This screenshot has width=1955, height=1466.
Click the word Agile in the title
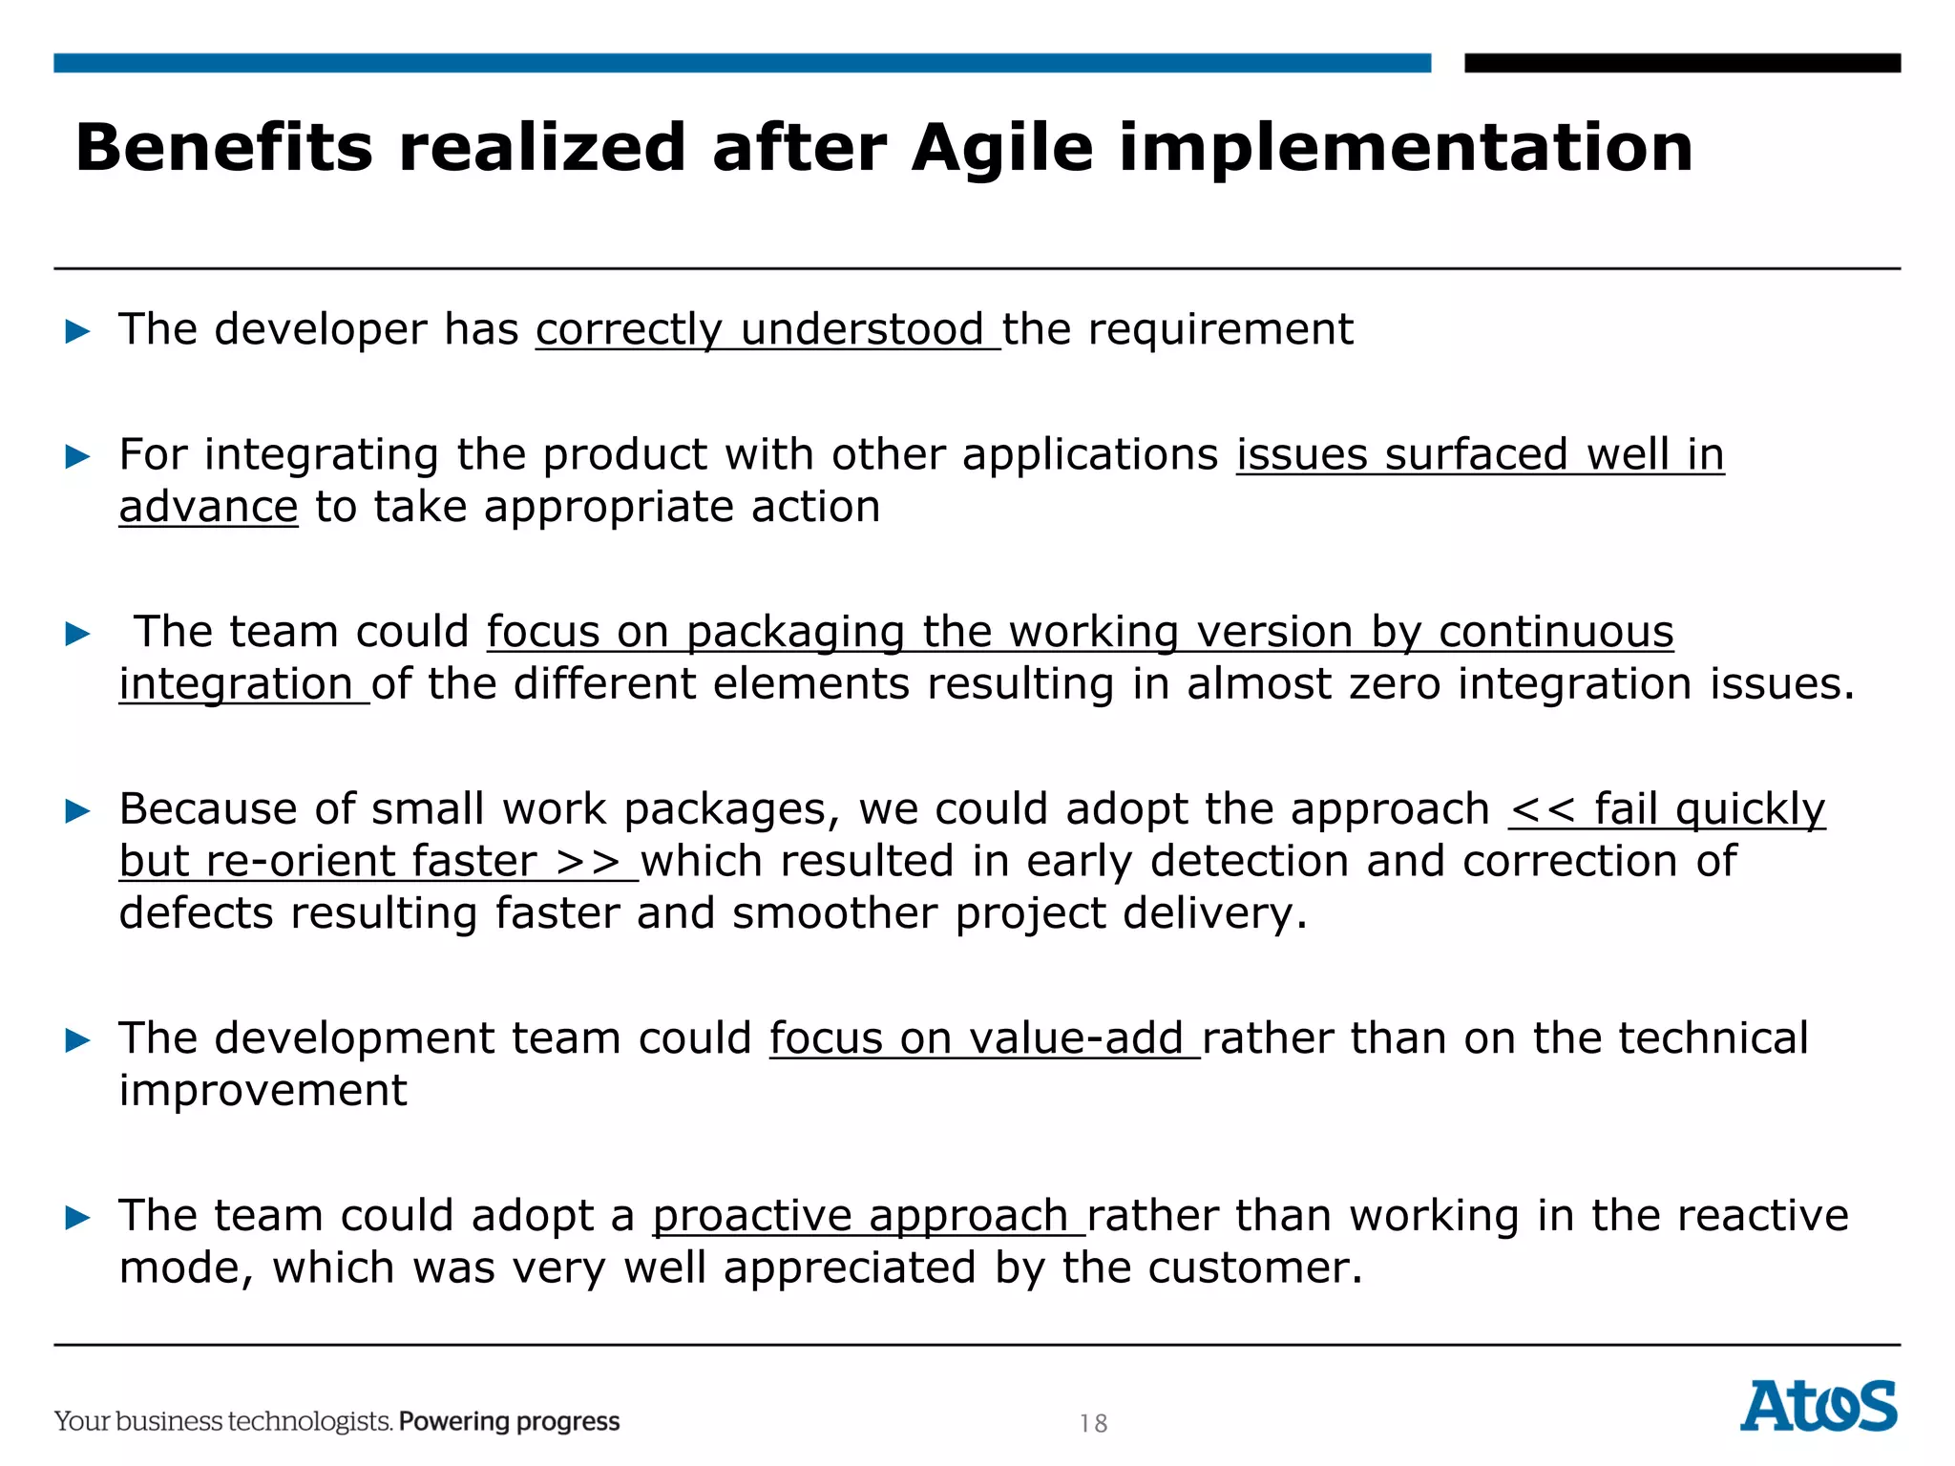coord(1001,149)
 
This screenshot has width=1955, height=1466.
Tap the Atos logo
coord(1818,1406)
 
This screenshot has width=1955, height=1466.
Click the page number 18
coord(1093,1424)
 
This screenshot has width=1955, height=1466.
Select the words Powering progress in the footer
coord(509,1421)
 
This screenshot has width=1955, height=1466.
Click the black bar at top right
coord(1682,63)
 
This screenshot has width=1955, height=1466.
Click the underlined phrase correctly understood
coord(767,330)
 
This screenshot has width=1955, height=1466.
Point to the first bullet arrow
coord(77,332)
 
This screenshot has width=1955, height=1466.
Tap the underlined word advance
coord(208,507)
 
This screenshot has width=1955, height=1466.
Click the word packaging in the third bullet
coord(795,633)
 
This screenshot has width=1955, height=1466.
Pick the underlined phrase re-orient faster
coord(372,862)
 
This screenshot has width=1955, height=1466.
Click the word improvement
coord(263,1091)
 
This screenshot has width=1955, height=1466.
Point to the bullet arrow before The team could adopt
coord(77,1218)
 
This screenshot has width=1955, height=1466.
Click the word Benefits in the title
coord(223,149)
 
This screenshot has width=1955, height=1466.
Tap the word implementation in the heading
coord(1405,149)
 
